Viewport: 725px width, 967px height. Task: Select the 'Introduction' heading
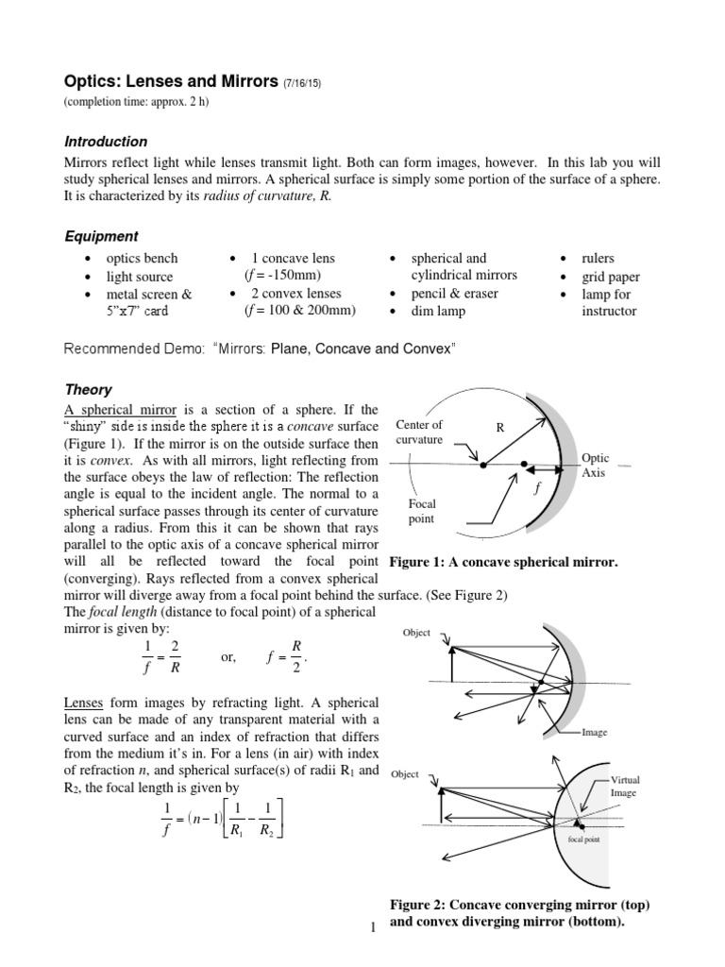(105, 142)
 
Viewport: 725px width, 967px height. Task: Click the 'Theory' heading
(88, 389)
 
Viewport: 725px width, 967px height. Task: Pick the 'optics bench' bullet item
(142, 258)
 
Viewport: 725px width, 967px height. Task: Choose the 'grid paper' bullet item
(611, 277)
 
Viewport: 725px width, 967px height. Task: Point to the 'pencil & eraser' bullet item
(455, 293)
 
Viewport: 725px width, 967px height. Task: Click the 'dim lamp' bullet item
(439, 311)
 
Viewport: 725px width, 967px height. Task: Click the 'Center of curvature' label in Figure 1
(419, 432)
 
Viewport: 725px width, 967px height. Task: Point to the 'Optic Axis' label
(596, 466)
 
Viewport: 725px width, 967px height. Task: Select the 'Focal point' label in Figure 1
(421, 512)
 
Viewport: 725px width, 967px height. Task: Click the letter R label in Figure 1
(501, 427)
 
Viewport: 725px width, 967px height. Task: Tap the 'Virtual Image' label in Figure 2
(624, 787)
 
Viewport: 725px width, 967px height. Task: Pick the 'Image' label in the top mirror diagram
(595, 731)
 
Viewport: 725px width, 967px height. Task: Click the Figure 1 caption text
(504, 563)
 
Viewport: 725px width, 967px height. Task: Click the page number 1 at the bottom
(374, 928)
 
